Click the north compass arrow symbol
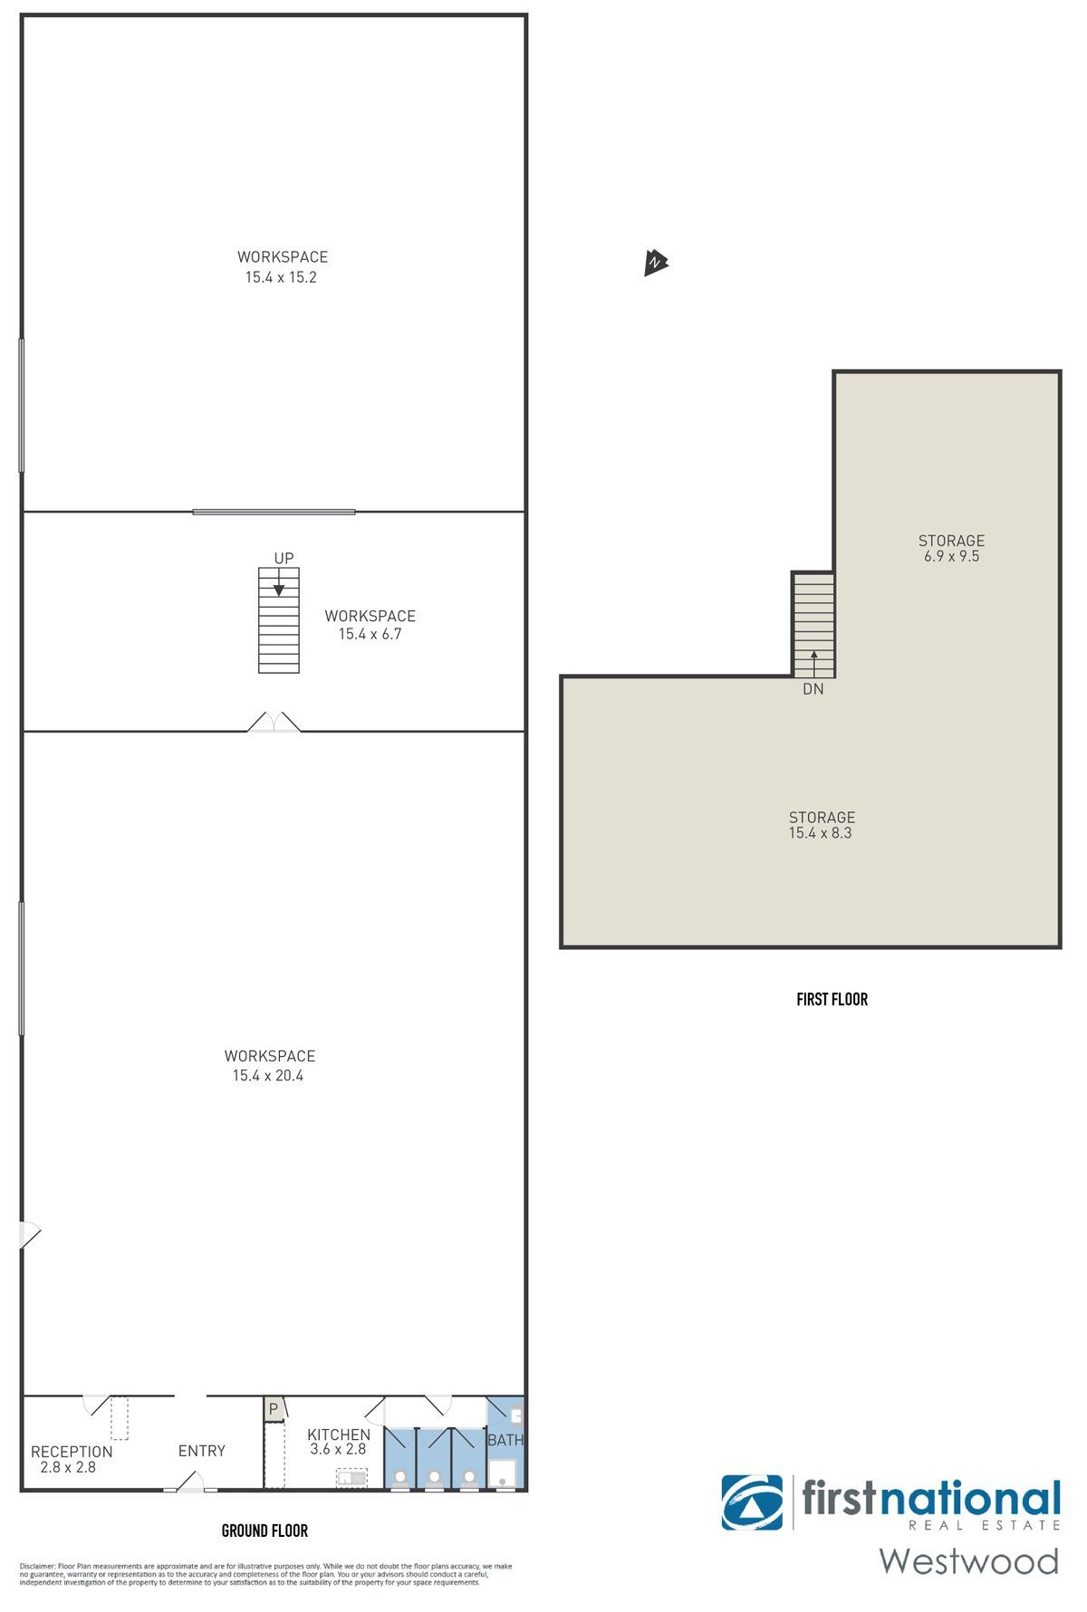tap(655, 263)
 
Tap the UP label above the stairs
tap(284, 558)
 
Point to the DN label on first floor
tap(813, 689)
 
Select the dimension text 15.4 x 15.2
tap(281, 277)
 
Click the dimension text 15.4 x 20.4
tap(268, 1076)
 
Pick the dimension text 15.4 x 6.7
tap(370, 634)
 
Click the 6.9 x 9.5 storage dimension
tap(951, 556)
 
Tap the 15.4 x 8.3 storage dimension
tap(820, 832)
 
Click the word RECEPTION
tap(72, 1452)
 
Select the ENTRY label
tap(201, 1451)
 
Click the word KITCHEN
tap(339, 1434)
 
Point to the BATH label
tap(505, 1439)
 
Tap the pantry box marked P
tap(274, 1410)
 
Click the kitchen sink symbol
tap(351, 1479)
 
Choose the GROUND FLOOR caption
tap(265, 1530)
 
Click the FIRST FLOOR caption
tap(832, 999)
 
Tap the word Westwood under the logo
tap(968, 1560)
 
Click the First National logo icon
tap(752, 1502)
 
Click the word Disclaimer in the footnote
tap(37, 1566)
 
